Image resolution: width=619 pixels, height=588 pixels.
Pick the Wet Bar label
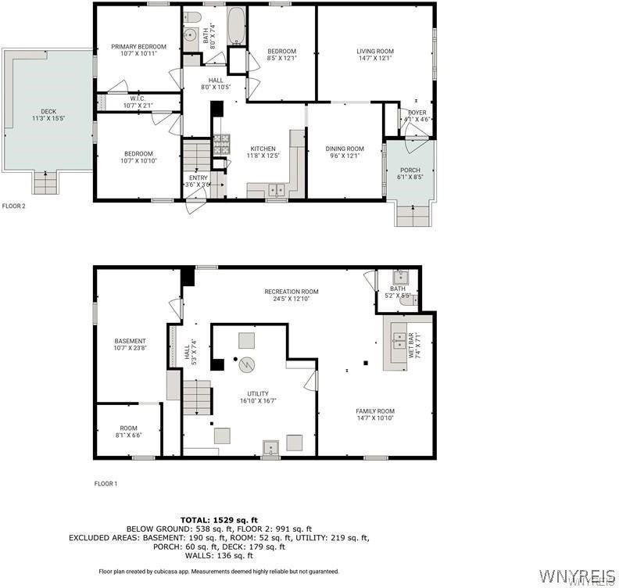tap(412, 344)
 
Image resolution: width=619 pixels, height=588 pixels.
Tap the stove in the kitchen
tap(222, 143)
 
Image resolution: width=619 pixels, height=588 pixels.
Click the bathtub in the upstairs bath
tap(236, 27)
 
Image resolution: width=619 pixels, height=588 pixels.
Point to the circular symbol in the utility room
tap(248, 364)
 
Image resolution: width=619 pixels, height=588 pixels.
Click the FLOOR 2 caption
tap(14, 206)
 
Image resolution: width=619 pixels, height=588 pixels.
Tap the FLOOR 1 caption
tap(106, 484)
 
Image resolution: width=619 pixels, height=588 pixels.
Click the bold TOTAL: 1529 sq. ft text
tap(219, 520)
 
